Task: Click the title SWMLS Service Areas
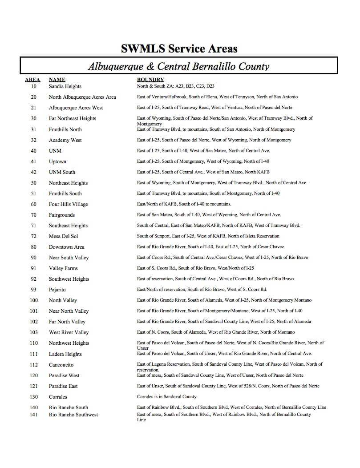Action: tap(179, 48)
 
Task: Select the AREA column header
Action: tap(32, 80)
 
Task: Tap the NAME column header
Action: tap(57, 80)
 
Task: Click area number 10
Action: tap(34, 86)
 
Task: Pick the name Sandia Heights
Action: tap(65, 86)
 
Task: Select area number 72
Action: tap(34, 236)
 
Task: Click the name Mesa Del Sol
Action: tap(63, 236)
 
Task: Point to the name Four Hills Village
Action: tap(68, 204)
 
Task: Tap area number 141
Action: tap(34, 415)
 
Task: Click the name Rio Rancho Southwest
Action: tap(73, 415)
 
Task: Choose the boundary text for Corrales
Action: tap(166, 397)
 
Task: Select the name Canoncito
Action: tap(61, 365)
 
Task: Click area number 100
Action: tap(34, 300)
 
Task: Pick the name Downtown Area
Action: tap(66, 247)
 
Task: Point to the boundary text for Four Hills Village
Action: tap(184, 204)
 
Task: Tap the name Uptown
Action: tap(57, 161)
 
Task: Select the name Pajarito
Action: tap(57, 290)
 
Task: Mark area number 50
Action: tap(34, 183)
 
